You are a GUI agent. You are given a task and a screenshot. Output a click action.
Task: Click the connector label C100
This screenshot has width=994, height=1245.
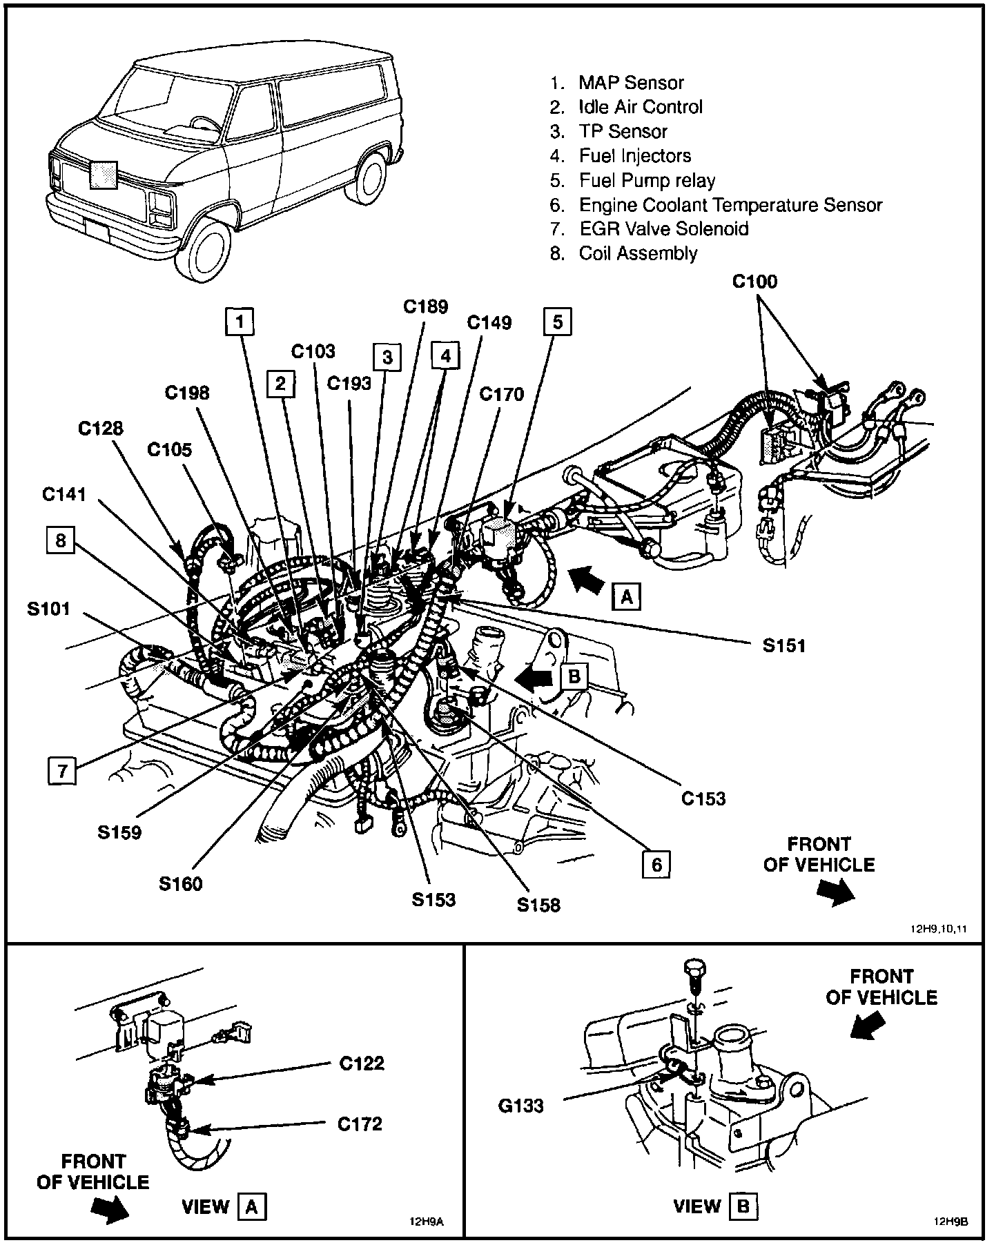754,282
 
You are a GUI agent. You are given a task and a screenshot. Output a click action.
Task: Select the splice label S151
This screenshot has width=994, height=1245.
783,645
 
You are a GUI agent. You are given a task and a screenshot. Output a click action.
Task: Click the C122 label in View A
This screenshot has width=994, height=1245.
361,1063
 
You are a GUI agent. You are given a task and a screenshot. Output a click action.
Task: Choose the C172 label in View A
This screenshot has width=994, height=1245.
360,1124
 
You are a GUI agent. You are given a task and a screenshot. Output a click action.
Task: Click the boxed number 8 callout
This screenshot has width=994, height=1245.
61,540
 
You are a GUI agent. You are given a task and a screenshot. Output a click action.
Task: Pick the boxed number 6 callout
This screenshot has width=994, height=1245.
656,864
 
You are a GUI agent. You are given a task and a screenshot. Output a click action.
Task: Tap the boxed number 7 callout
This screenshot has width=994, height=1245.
62,770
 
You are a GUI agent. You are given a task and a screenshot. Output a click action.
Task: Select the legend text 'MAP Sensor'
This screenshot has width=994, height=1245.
631,83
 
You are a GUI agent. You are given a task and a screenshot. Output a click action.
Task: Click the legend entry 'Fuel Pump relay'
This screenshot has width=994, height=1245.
647,181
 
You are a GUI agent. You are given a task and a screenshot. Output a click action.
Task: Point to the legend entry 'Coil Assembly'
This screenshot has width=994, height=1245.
638,253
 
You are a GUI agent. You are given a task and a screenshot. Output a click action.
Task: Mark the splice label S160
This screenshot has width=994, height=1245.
181,883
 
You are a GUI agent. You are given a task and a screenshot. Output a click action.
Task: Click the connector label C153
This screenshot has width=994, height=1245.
703,798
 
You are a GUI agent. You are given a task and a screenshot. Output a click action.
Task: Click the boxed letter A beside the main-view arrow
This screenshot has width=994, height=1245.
627,596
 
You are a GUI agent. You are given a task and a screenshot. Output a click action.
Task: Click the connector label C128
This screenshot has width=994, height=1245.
101,428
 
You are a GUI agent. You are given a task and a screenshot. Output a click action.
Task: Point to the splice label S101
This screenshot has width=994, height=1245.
49,609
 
